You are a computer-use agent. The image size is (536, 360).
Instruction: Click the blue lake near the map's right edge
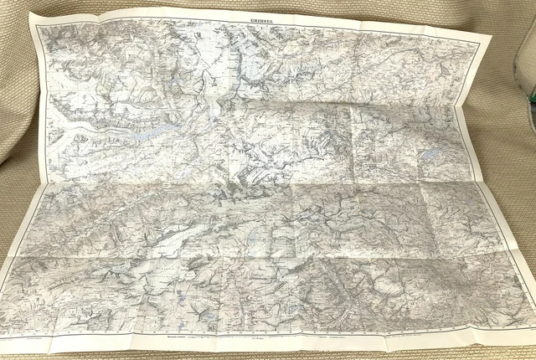coord(430,155)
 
